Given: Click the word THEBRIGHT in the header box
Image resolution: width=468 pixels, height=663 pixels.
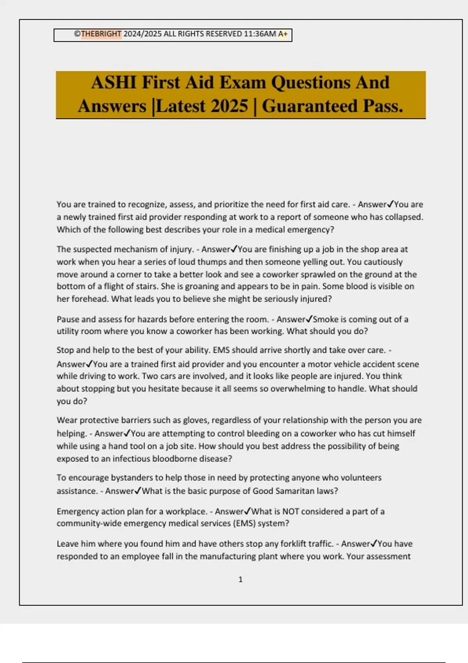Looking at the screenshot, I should [101, 34].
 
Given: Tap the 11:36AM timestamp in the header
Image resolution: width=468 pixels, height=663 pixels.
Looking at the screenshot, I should [260, 34].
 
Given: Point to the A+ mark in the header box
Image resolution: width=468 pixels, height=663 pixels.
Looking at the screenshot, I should [283, 34].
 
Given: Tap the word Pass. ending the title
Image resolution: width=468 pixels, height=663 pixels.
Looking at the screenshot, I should [383, 106].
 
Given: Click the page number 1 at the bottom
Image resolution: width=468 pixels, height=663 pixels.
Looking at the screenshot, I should [240, 580].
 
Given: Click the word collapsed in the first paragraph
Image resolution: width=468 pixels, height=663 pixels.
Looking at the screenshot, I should [404, 217].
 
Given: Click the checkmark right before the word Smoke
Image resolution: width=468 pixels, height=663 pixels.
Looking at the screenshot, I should [309, 319].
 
